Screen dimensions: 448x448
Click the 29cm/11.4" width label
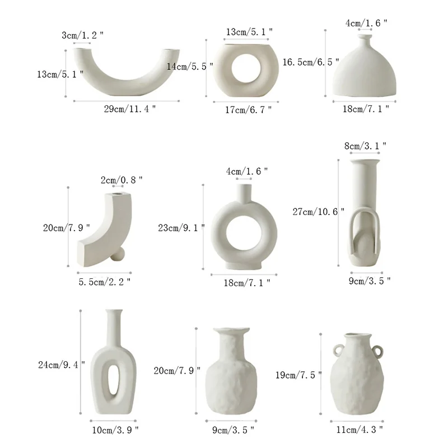point(130,109)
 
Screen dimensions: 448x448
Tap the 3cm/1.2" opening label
point(82,35)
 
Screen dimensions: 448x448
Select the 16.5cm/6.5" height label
point(311,62)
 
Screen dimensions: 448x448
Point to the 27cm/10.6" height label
point(319,212)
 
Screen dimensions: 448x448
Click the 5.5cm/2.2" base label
point(105,282)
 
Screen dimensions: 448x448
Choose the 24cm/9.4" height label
point(62,365)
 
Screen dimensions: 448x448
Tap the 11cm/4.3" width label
point(360,430)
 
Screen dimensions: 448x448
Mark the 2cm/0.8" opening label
point(122,180)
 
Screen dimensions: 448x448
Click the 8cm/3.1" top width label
point(365,146)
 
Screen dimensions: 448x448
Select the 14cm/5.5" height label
point(190,67)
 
